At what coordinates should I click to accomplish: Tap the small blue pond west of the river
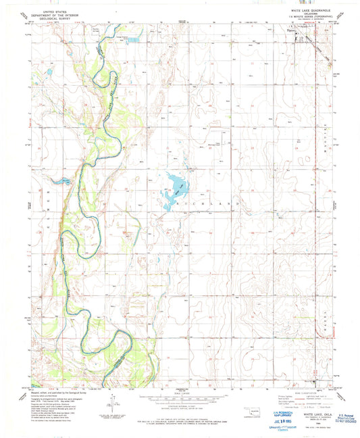[48, 70]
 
